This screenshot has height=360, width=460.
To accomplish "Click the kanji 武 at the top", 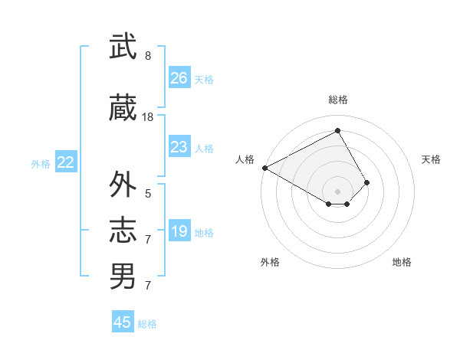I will pyautogui.click(x=123, y=47).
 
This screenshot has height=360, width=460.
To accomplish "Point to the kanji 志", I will pyautogui.click(x=123, y=231).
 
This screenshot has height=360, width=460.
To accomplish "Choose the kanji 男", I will pyautogui.click(x=123, y=276).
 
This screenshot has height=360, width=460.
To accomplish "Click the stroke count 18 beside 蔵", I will pyautogui.click(x=148, y=117).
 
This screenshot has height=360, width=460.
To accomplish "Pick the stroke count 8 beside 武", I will pyautogui.click(x=148, y=56).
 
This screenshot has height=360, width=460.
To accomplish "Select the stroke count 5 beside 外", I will pyautogui.click(x=148, y=194).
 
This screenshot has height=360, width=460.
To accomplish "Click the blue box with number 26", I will pyautogui.click(x=179, y=78).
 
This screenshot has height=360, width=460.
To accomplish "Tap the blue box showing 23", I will pyautogui.click(x=179, y=147).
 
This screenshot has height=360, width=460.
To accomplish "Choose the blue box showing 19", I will pyautogui.click(x=179, y=231).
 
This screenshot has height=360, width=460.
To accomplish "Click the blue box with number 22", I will pyautogui.click(x=66, y=162).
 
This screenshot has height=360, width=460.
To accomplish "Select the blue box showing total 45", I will pyautogui.click(x=123, y=322).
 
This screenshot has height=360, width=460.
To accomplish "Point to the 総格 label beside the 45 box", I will pyautogui.click(x=148, y=324).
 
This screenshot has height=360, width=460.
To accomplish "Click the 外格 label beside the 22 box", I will pyautogui.click(x=41, y=163).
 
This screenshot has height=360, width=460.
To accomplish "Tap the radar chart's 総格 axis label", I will pyautogui.click(x=337, y=100).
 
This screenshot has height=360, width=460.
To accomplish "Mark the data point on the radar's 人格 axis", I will pyautogui.click(x=264, y=168).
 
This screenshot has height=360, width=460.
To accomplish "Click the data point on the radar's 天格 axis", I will pyautogui.click(x=367, y=182).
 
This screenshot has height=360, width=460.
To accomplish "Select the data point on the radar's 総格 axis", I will pyautogui.click(x=337, y=130).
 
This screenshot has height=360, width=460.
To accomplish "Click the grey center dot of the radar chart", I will pyautogui.click(x=337, y=191).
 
